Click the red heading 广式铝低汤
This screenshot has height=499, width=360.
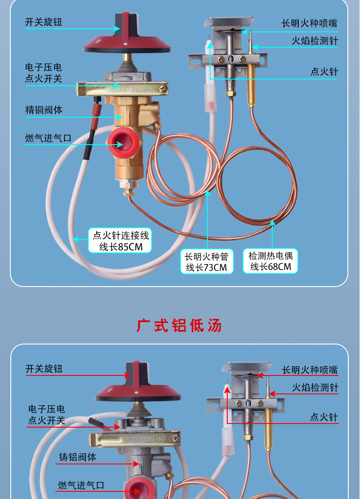tap(179, 326)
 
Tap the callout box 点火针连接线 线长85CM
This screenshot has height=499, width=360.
tap(120, 241)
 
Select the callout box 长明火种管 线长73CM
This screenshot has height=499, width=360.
tap(207, 261)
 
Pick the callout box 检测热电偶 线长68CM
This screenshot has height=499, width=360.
tap(270, 261)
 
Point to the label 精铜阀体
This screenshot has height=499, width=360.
tap(44, 110)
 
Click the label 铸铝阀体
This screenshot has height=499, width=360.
tap(77, 457)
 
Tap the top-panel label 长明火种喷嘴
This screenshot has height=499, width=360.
tap(309, 23)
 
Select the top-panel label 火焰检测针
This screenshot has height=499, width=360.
tap(315, 41)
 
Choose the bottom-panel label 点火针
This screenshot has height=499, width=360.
tap(324, 417)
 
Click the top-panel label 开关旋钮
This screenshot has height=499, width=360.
tap(44, 22)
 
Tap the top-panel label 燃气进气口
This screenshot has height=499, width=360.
tap(48, 138)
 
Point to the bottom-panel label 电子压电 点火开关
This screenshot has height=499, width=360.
tap(46, 415)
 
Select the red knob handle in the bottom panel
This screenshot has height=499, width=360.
tap(136, 376)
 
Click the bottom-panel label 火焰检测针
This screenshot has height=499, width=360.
tap(315, 388)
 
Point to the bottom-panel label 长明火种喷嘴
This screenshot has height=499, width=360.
tap(310, 370)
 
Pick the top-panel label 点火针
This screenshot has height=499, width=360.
tap(324, 71)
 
